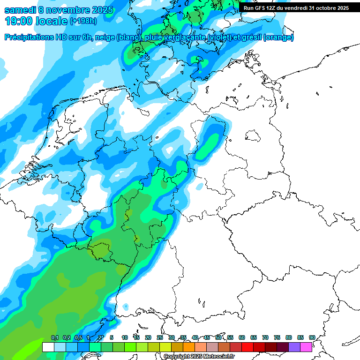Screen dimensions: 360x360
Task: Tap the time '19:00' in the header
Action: (18, 21)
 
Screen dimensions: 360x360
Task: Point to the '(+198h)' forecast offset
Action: (84, 21)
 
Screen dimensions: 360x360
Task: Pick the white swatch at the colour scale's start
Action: (48, 347)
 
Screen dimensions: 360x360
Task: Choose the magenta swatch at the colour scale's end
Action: (306, 347)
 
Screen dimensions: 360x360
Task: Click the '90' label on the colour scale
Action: (312, 337)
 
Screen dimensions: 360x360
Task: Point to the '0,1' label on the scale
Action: (54, 337)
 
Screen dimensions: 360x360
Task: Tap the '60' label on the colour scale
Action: (242, 337)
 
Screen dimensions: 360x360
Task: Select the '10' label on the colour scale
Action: (125, 337)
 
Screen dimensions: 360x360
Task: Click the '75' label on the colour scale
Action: (277, 337)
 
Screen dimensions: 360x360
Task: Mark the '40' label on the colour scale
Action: (195, 337)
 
